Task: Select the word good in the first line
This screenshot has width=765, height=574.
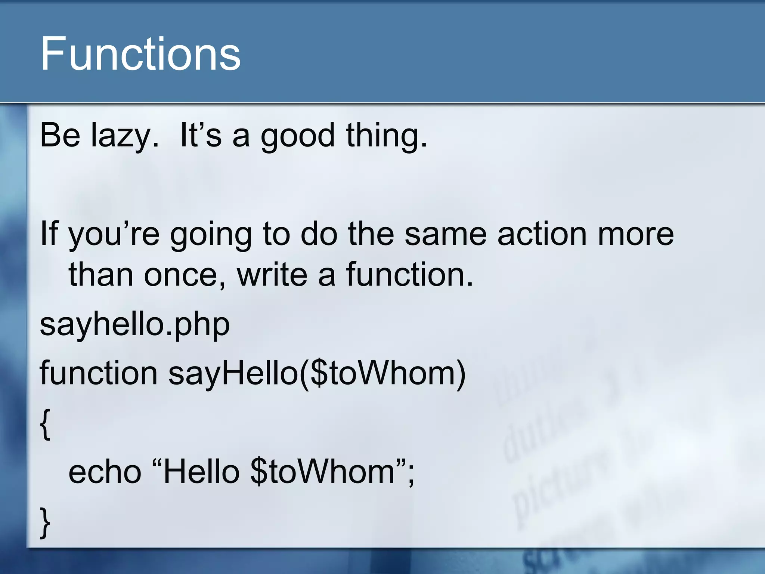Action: [297, 136]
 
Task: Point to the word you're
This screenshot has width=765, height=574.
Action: [114, 234]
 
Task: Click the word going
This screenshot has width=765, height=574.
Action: [211, 234]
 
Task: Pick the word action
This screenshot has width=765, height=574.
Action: [542, 234]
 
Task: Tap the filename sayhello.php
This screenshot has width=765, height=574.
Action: [134, 324]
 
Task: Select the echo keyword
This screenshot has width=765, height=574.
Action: [105, 472]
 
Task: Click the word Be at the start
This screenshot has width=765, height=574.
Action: [60, 136]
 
